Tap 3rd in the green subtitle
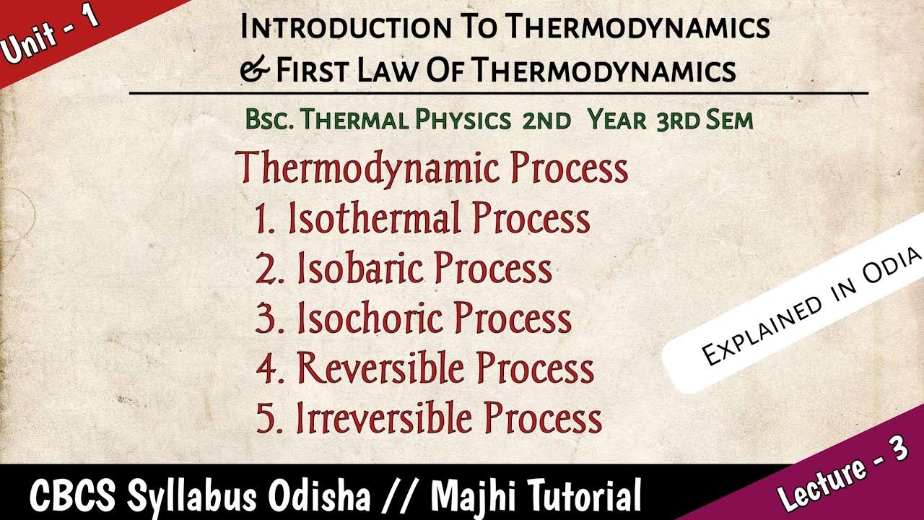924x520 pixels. click(677, 120)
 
